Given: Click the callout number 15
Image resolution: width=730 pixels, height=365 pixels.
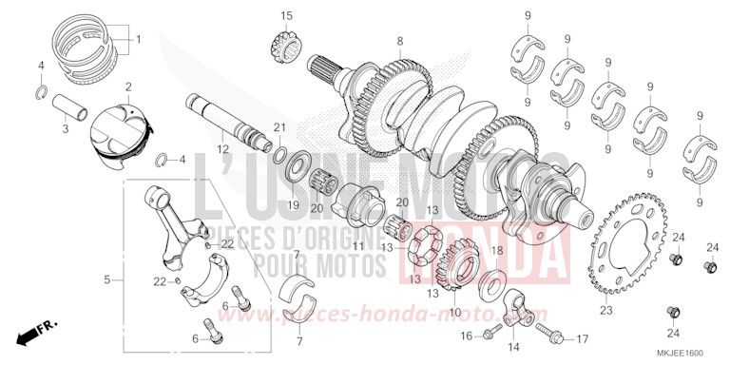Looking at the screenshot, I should click(x=286, y=15).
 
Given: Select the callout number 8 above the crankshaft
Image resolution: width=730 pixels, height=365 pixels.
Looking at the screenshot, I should click(x=400, y=41).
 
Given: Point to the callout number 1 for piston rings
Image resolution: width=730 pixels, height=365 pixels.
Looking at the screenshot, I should click(x=138, y=40).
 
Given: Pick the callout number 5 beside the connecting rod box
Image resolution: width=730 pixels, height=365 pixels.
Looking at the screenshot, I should click(x=107, y=279).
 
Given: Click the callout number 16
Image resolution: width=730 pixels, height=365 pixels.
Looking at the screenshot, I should click(x=467, y=336).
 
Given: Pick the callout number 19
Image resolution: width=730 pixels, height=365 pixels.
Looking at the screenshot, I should click(x=294, y=204).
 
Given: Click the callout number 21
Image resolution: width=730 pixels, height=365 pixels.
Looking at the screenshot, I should click(x=279, y=127).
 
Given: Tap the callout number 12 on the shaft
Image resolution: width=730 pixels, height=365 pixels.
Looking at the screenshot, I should click(x=221, y=148).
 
